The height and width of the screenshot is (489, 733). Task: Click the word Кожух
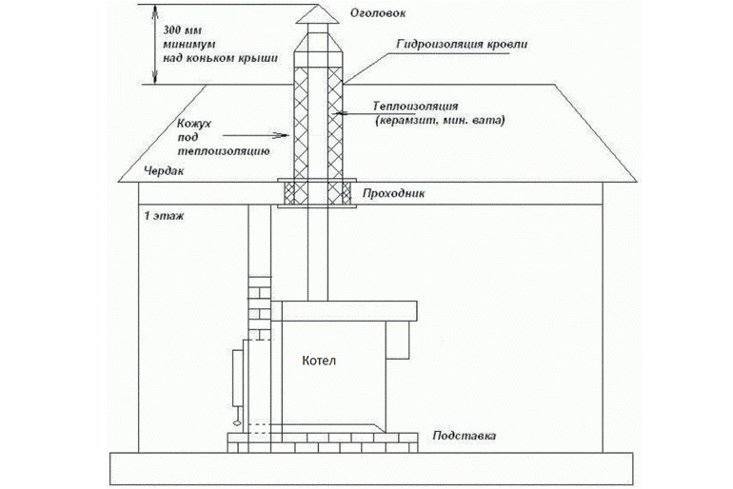coord(195,123)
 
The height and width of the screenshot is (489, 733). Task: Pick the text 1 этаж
coord(161,216)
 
